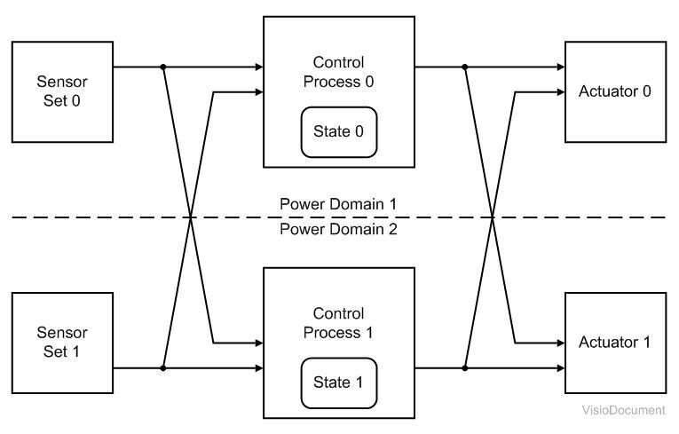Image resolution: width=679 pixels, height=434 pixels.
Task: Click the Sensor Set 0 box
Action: click(x=62, y=91)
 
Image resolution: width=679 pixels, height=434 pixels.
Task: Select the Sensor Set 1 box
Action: click(x=62, y=343)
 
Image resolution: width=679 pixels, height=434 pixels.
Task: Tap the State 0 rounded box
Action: click(x=339, y=132)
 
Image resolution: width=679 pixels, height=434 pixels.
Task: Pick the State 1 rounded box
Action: click(x=339, y=383)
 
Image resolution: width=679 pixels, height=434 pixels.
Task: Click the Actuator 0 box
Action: click(x=615, y=91)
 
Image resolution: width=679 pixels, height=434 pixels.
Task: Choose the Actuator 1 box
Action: click(x=615, y=343)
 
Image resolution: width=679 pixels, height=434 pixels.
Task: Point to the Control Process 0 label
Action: click(x=339, y=72)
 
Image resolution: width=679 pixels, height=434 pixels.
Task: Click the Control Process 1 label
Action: click(x=339, y=323)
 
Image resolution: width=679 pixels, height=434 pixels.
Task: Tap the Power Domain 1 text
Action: click(x=338, y=203)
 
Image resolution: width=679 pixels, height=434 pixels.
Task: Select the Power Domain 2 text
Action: click(x=338, y=229)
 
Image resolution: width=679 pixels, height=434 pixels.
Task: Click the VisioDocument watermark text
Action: click(x=623, y=410)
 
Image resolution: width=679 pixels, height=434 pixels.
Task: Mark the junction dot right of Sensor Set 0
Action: click(x=163, y=67)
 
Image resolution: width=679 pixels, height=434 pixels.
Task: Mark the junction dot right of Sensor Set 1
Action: click(x=163, y=367)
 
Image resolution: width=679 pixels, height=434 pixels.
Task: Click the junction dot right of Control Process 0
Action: click(x=464, y=67)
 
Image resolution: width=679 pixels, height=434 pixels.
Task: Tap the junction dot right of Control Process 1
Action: click(x=464, y=367)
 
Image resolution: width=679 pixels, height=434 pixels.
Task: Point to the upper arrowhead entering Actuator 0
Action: click(x=560, y=67)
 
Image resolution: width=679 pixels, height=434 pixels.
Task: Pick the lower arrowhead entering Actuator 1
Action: click(x=560, y=367)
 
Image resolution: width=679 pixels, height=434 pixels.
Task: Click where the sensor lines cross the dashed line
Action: click(x=191, y=217)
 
